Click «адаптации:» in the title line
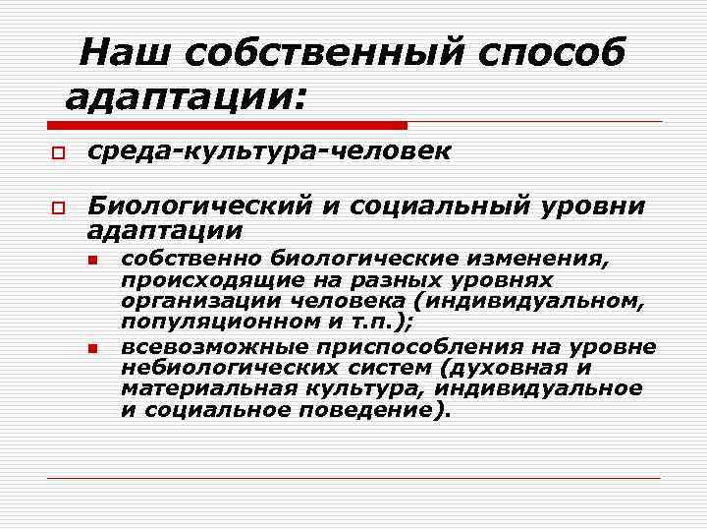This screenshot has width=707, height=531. click(187, 96)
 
